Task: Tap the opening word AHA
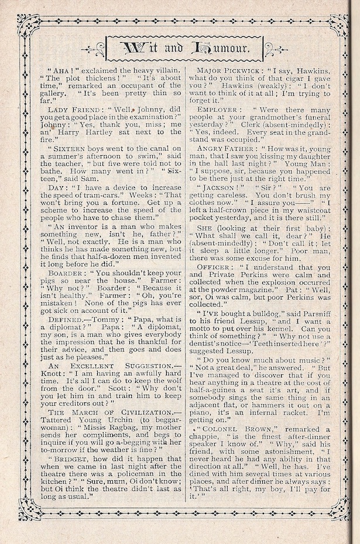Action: click(x=60, y=70)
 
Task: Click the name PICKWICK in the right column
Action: click(x=242, y=70)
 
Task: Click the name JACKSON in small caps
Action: click(x=222, y=189)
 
